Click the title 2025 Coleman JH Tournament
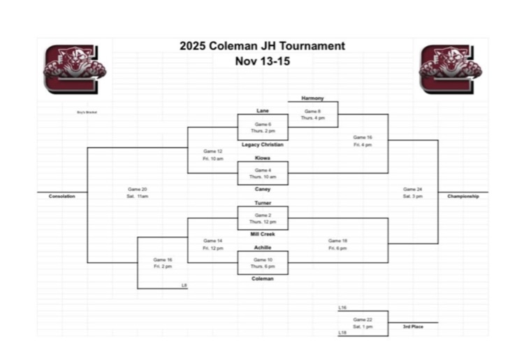[262, 46]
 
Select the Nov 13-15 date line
[262, 61]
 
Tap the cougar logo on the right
[446, 69]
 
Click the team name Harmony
[312, 99]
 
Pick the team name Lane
[263, 111]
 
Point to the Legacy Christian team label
[263, 145]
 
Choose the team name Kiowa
[263, 158]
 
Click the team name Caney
[263, 189]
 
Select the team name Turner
[263, 203]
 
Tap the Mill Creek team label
[263, 234]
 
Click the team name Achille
[263, 247]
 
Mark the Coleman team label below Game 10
[263, 279]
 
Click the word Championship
[463, 196]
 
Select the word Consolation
[62, 196]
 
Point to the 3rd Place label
[413, 326]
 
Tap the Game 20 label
[138, 189]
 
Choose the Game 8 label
[312, 111]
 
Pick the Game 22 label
[363, 319]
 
